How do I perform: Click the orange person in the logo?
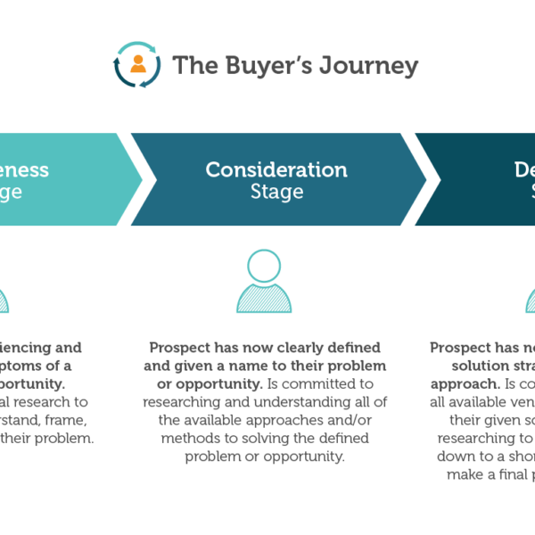137,64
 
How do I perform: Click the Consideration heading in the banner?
276,169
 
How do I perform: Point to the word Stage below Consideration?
276,192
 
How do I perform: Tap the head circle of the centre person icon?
263,266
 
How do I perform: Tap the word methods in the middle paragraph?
185,439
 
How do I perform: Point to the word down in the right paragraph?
455,457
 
